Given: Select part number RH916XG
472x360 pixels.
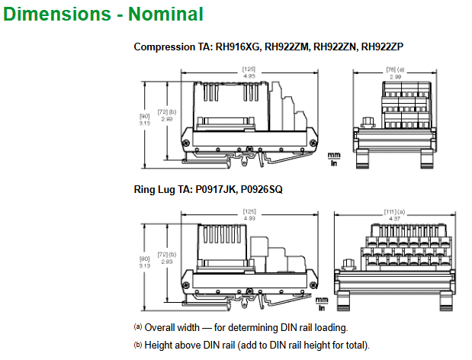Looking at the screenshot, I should click(239, 47).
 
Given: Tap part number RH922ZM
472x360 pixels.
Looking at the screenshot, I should click(288, 47).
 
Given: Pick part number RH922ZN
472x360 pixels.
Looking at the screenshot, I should click(336, 47).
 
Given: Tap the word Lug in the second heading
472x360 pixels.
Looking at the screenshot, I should click(169, 188).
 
